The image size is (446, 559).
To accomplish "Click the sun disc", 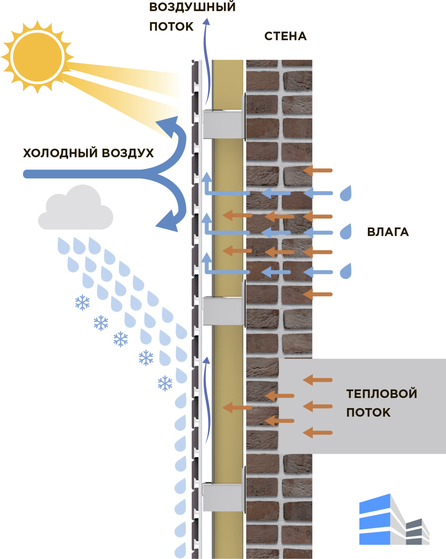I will pyautogui.click(x=37, y=57).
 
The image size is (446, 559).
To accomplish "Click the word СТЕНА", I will pyautogui.click(x=285, y=36).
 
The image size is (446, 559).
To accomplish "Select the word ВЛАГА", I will pyautogui.click(x=388, y=232).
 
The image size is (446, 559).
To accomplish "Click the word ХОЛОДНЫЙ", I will pyautogui.click(x=60, y=153).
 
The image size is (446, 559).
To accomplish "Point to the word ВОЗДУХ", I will pyautogui.click(x=128, y=153).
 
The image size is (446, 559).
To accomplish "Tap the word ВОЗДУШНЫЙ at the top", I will pyautogui.click(x=192, y=7).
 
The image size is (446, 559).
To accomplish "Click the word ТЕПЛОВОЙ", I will pyautogui.click(x=382, y=394).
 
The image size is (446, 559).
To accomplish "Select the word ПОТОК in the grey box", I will pyautogui.click(x=368, y=413).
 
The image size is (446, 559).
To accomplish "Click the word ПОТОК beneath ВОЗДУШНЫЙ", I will pyautogui.click(x=171, y=27).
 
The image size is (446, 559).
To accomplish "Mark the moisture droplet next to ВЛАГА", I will pyautogui.click(x=346, y=232).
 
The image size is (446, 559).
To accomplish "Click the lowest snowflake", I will pyautogui.click(x=165, y=383).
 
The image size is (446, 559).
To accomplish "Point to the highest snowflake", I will pyautogui.click(x=83, y=303).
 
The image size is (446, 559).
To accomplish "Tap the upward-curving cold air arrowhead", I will pyautogui.click(x=169, y=125).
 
